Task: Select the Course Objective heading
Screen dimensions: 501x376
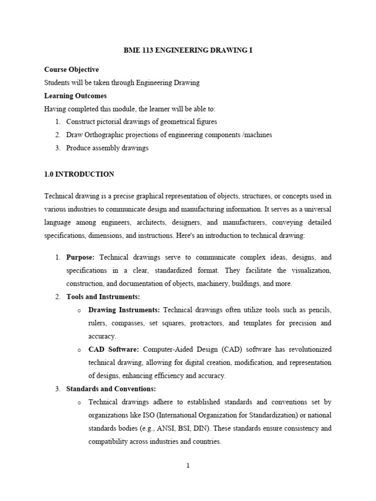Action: (71, 70)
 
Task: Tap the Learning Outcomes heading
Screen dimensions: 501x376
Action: (75, 95)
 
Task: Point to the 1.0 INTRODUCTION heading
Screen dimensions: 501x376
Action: (79, 174)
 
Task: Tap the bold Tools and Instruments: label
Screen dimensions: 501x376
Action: (103, 296)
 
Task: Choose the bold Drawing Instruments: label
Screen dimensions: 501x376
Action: (124, 310)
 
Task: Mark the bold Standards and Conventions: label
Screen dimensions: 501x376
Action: (111, 389)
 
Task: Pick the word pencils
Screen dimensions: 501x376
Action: (319, 310)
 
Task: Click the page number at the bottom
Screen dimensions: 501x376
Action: (188, 466)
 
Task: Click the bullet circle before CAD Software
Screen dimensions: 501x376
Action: (79, 350)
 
